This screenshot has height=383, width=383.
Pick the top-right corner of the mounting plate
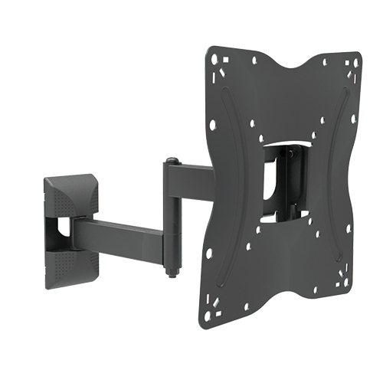click(354, 61)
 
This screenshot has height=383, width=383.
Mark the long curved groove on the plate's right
click(337, 153)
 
